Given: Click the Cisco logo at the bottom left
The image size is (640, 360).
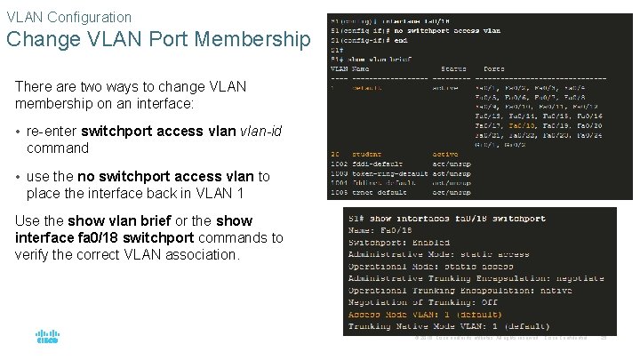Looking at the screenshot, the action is click(46, 339).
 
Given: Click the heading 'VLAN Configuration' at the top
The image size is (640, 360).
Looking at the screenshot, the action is click(68, 17).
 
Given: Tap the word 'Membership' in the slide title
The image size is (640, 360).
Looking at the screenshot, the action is click(257, 40).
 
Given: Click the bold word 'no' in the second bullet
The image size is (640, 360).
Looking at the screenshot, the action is click(87, 177).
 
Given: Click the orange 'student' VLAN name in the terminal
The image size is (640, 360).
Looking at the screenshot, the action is click(366, 154).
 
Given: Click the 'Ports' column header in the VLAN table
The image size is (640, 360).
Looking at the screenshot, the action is click(494, 68).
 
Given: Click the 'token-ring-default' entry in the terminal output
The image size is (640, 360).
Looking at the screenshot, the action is click(386, 173).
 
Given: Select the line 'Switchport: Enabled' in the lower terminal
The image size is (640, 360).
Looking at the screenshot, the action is click(392, 243).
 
